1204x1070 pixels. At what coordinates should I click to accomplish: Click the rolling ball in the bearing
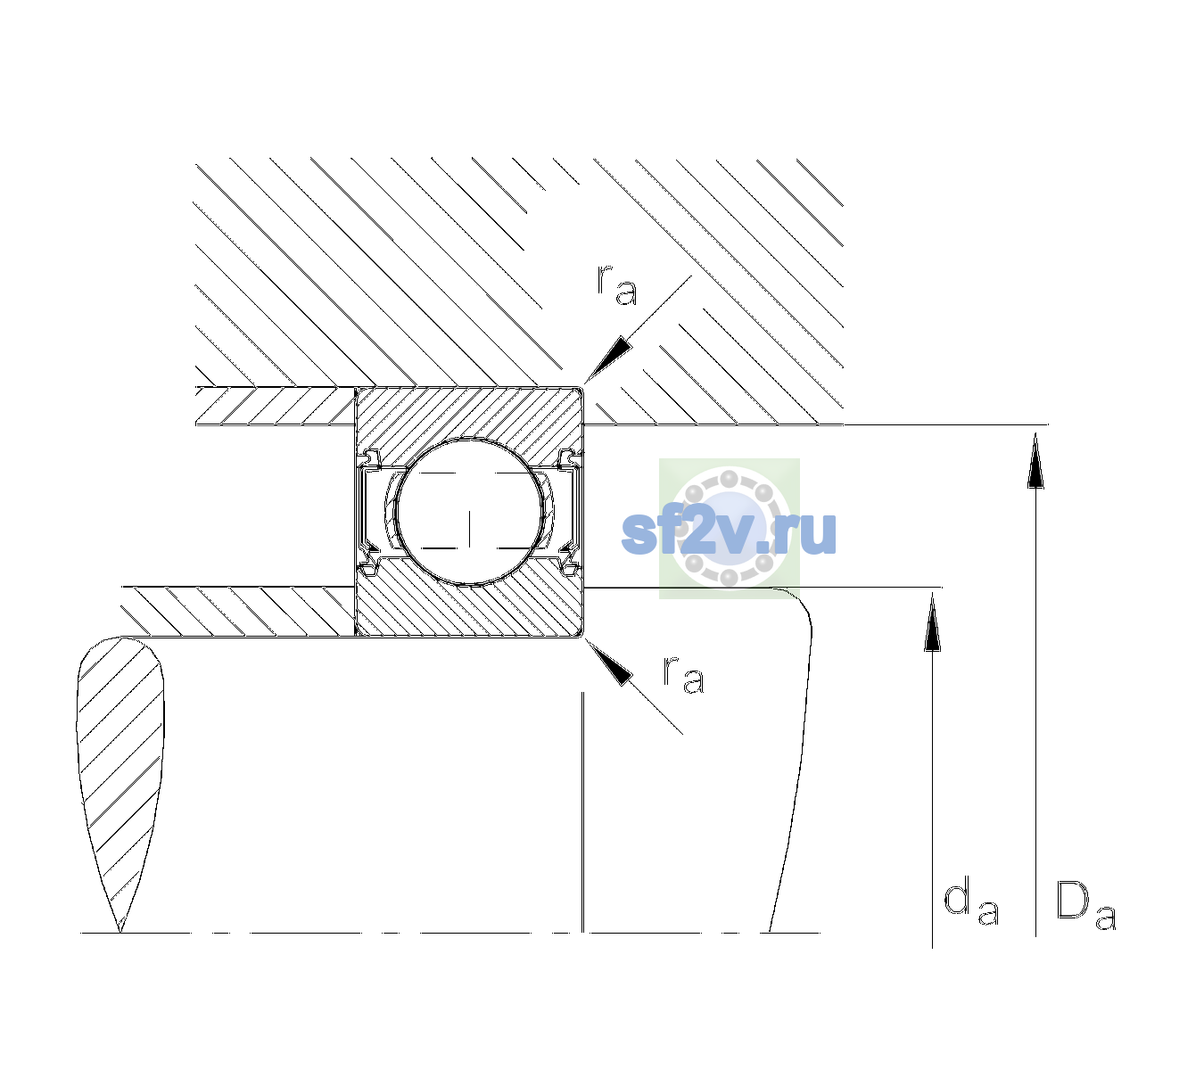point(469,512)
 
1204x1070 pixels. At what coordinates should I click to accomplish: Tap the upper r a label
point(617,285)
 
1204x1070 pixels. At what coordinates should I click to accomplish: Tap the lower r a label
point(683,675)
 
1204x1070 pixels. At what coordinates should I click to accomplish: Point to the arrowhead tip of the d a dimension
point(932,592)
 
